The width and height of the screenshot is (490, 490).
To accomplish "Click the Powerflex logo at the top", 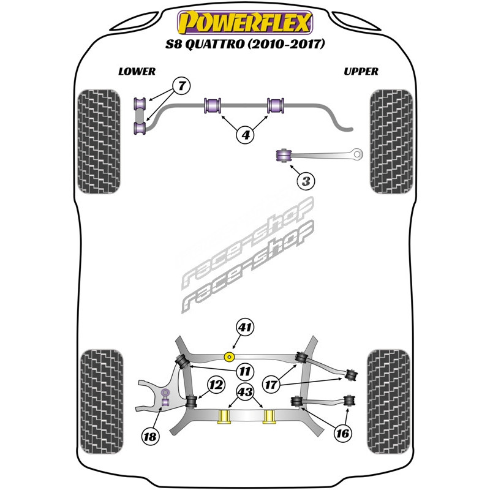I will coord(245,23).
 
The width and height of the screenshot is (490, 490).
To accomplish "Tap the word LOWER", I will coord(137,71).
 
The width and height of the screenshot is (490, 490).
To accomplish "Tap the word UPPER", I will coord(361,71).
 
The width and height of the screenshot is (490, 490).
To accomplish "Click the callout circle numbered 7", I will coord(181,86).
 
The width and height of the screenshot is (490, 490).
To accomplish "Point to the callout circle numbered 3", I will coord(306,181).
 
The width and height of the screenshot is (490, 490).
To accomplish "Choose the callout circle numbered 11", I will coord(244,371).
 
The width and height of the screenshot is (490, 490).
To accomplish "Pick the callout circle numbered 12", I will coord(215,385).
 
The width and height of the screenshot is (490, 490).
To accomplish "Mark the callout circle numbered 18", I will coord(149,436).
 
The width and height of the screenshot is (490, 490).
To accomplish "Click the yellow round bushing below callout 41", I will coord(231,356).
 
